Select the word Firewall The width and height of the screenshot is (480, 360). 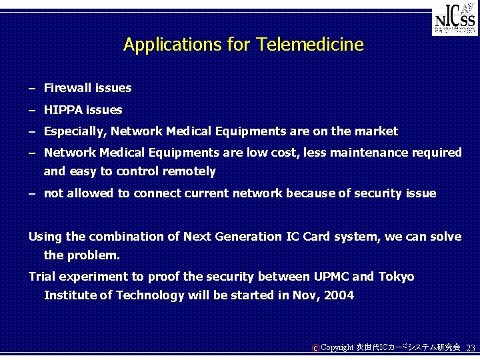[x=67, y=88]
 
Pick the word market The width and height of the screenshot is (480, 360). [x=377, y=131]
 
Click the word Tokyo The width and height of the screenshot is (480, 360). [x=396, y=277]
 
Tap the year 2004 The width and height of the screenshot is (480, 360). [x=338, y=295]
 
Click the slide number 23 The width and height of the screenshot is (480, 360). [x=470, y=348]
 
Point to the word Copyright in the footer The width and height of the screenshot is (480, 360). [x=337, y=348]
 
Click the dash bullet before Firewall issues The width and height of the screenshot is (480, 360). [x=32, y=88]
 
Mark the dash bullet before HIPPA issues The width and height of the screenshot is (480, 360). [x=32, y=110]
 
